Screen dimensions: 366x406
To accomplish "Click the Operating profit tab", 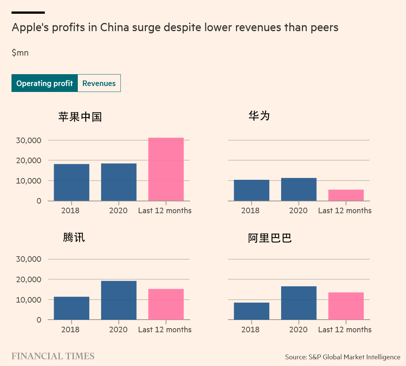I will [44, 83].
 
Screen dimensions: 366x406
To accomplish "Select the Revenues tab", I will [99, 83].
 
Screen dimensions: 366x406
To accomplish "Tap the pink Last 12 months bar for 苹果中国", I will [166, 169].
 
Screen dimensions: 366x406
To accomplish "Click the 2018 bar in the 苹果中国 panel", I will [71, 182].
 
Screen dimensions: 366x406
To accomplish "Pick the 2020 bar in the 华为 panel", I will [299, 189].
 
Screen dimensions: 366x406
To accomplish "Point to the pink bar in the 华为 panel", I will [346, 195].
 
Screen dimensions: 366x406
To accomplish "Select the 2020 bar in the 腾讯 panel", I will [119, 300].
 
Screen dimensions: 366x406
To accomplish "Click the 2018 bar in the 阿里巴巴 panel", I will [252, 311].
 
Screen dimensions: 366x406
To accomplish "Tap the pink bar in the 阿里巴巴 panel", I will [346, 306].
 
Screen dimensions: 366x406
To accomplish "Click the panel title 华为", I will [259, 116].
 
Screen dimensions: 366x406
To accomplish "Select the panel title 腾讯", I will [74, 237].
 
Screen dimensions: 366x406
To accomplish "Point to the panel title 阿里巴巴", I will [270, 238].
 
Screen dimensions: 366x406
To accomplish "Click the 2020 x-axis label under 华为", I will [298, 211].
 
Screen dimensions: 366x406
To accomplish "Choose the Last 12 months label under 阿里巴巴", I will [345, 330].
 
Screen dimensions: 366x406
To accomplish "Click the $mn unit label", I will [20, 53].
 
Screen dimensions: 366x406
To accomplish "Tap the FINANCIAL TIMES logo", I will [53, 356].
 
